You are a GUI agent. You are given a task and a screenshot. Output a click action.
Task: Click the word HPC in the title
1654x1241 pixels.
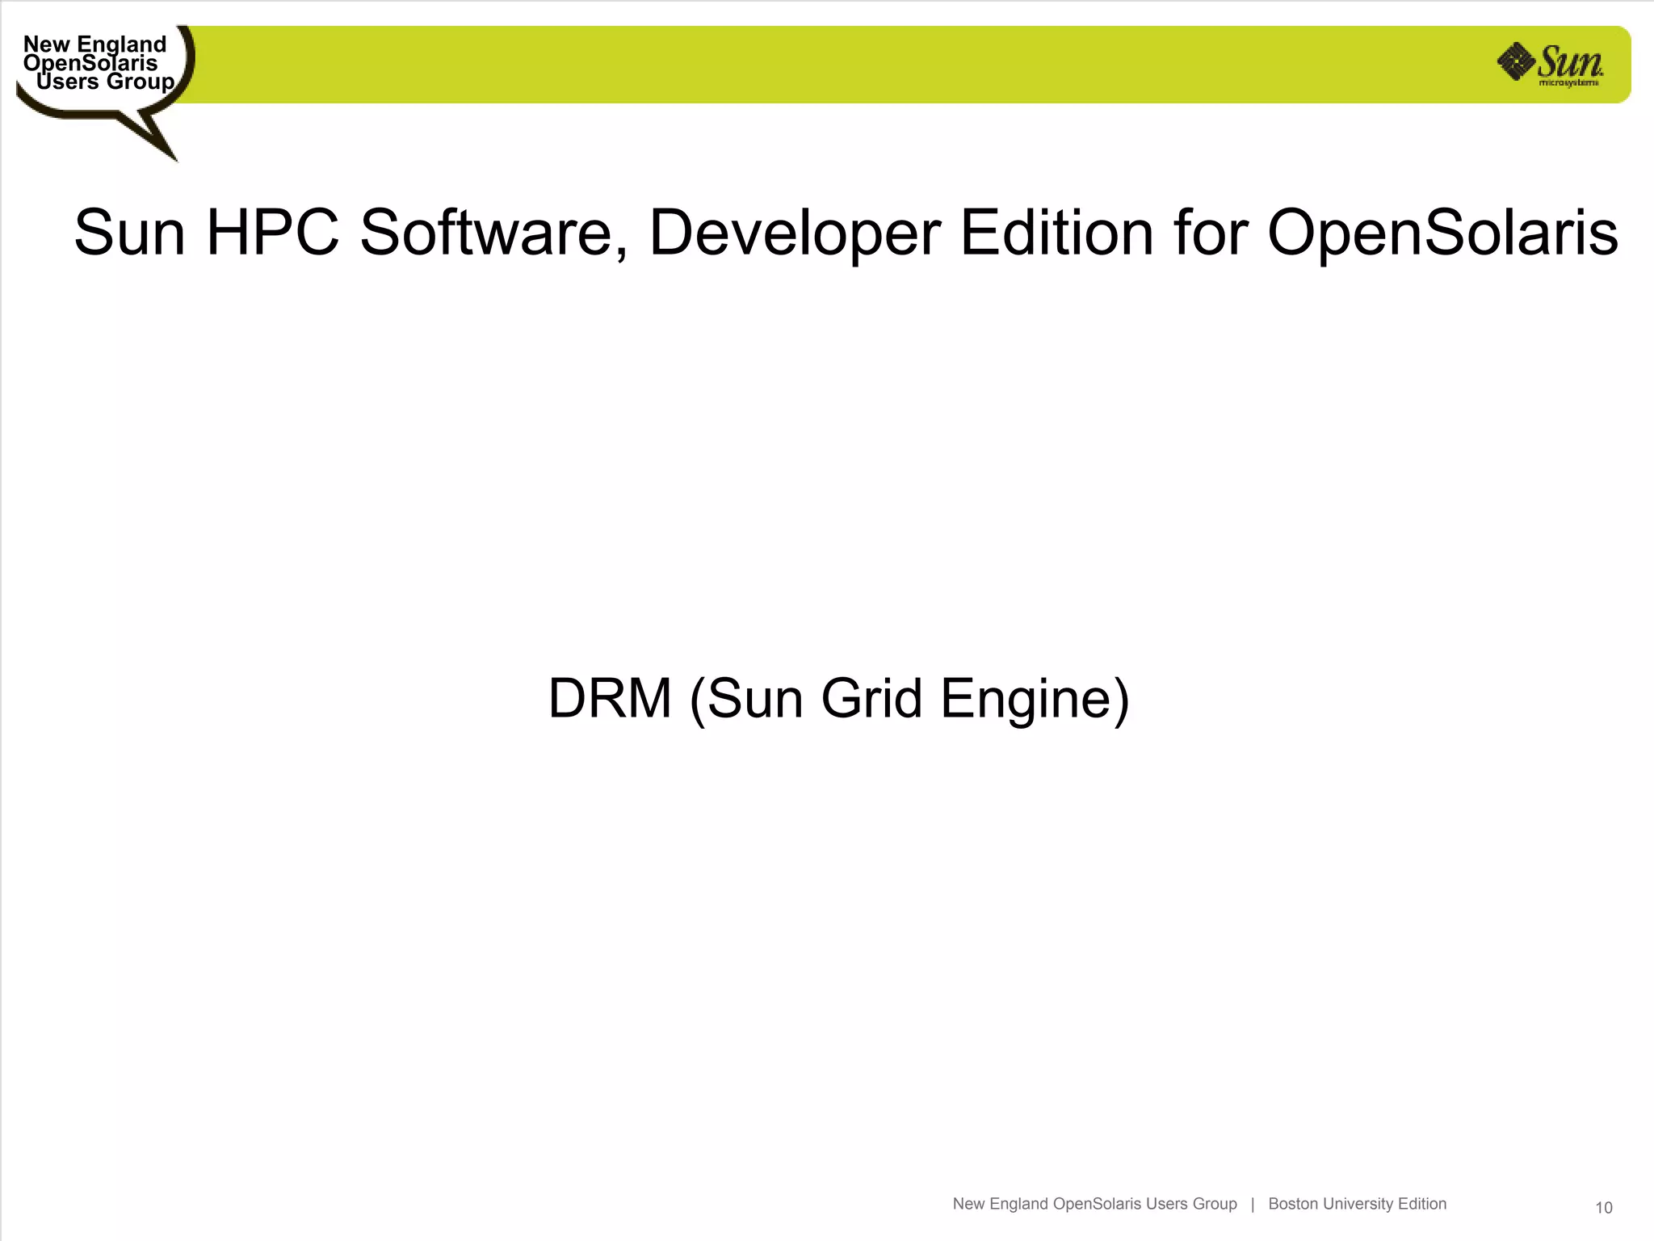click(x=272, y=233)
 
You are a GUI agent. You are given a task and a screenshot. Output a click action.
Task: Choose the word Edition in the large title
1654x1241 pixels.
click(x=1056, y=233)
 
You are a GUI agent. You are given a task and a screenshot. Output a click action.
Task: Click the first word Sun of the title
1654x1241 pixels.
click(x=129, y=233)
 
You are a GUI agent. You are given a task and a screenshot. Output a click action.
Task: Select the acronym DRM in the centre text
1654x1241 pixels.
click(x=610, y=698)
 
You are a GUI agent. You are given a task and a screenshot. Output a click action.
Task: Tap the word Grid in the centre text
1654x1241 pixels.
click(x=871, y=698)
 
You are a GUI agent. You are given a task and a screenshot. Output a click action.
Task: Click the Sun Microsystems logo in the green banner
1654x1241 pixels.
click(x=1550, y=65)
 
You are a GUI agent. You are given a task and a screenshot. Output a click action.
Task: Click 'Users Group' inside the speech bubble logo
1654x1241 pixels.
click(x=105, y=82)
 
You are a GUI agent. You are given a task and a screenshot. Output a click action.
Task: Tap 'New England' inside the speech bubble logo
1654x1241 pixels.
click(x=94, y=44)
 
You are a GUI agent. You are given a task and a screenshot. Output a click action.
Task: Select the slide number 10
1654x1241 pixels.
click(x=1603, y=1208)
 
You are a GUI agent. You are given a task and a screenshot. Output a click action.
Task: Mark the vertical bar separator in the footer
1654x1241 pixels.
click(x=1253, y=1204)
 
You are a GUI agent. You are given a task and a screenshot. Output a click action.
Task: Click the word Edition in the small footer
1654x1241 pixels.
click(x=1422, y=1204)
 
